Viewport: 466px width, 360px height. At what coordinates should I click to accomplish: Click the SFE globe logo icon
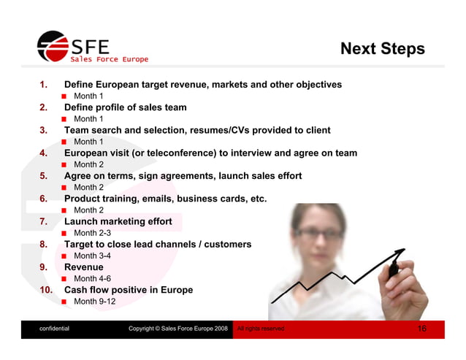tap(52, 47)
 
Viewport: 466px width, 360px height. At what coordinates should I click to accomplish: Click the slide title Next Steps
tap(382, 49)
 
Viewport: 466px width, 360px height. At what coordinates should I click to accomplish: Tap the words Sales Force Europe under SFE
tap(109, 59)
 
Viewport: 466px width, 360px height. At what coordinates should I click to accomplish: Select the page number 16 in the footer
tap(422, 329)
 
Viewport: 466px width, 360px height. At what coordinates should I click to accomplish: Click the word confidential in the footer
tap(55, 329)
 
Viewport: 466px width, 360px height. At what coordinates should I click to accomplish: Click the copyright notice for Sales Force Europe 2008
tap(178, 329)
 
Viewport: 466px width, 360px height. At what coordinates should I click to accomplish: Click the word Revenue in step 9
tap(84, 267)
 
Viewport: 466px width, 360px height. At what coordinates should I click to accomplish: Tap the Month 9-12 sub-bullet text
tap(95, 302)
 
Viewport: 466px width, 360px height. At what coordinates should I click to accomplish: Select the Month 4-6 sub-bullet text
tap(93, 279)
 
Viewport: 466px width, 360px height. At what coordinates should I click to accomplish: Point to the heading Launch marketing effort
tap(118, 221)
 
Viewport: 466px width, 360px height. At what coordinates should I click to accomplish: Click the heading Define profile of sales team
tap(125, 107)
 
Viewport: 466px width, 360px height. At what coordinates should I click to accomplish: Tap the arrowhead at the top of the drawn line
tap(400, 253)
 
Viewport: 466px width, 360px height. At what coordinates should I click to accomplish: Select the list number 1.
tap(43, 85)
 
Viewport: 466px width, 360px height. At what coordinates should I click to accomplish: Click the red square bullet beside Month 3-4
tap(65, 256)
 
